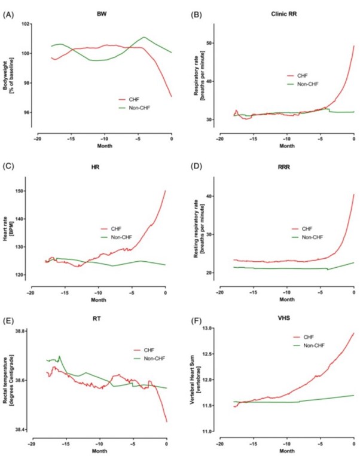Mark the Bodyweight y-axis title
(11, 69)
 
